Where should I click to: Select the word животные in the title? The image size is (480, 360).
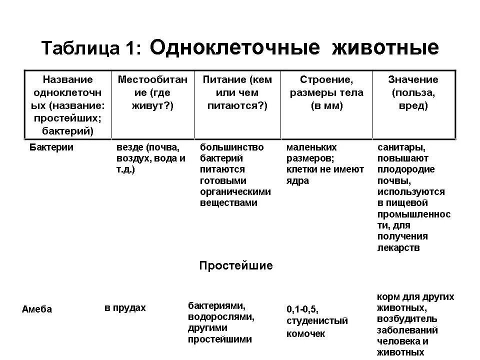385,47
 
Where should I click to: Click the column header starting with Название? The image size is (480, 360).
68,105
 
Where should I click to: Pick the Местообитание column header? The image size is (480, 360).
152,92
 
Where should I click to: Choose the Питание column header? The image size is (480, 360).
237,92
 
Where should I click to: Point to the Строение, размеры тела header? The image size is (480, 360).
326,92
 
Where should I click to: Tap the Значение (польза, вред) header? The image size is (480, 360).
413,92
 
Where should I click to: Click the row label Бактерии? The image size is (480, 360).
51,147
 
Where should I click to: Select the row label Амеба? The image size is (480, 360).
37,309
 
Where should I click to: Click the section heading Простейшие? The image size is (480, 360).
236,265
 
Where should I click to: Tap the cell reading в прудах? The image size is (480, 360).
125,308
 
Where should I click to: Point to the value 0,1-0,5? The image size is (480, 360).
302,308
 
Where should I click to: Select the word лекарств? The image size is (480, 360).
398,247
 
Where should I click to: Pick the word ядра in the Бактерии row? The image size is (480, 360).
298,181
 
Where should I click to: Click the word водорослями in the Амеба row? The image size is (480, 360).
221,317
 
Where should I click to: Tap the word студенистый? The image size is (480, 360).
317,321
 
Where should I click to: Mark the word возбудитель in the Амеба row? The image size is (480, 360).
407,319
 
